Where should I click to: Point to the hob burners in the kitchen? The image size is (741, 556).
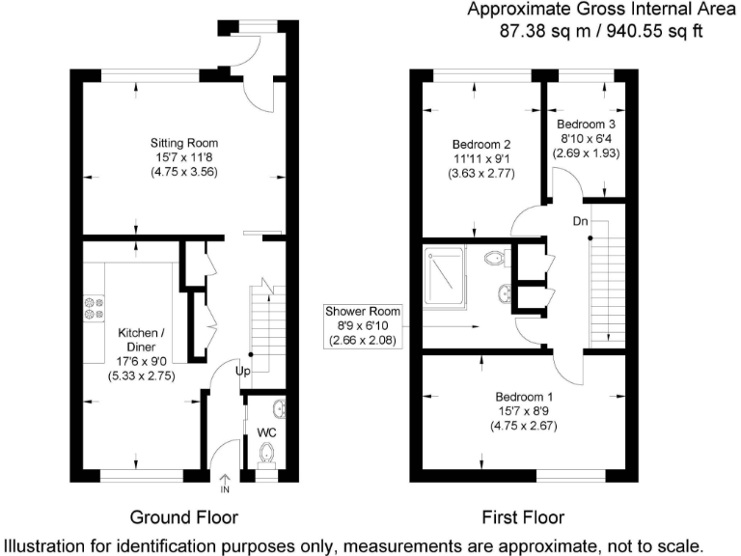94,307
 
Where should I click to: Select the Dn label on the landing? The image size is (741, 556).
580,221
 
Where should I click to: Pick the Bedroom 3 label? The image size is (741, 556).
586,125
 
